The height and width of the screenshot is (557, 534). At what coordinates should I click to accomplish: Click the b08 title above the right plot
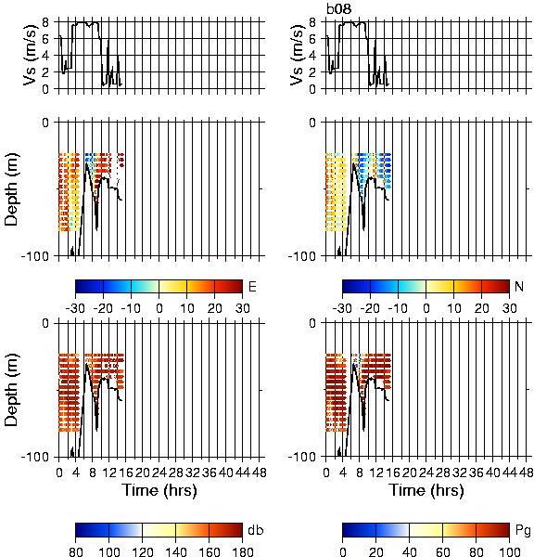(339, 8)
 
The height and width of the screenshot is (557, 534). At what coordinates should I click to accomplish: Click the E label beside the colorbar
(252, 286)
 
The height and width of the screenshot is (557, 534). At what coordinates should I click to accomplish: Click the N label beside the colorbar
(519, 286)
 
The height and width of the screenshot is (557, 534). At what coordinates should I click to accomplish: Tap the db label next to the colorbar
(256, 530)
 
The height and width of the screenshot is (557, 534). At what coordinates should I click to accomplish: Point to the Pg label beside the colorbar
(523, 531)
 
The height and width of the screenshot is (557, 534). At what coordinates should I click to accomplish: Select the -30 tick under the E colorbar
(75, 308)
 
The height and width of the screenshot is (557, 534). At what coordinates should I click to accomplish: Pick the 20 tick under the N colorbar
(481, 308)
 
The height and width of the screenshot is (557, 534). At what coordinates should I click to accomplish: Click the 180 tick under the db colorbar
(242, 551)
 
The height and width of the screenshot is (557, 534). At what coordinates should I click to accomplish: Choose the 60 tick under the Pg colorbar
(442, 551)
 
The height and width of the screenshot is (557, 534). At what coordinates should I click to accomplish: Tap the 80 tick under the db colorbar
(76, 551)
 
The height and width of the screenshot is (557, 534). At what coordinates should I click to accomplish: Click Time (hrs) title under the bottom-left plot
(159, 490)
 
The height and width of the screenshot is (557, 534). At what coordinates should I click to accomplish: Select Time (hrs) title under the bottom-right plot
(426, 490)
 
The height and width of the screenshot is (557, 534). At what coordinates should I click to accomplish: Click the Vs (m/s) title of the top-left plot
(31, 55)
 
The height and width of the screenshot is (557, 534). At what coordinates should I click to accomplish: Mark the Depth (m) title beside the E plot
(12, 189)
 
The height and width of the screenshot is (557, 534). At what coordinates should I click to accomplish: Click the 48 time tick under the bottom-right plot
(526, 473)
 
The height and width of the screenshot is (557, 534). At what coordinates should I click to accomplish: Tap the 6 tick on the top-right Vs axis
(312, 39)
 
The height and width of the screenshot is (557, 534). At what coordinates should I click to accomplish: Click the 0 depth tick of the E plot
(45, 123)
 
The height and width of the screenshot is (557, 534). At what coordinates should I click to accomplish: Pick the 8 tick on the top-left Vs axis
(45, 22)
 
